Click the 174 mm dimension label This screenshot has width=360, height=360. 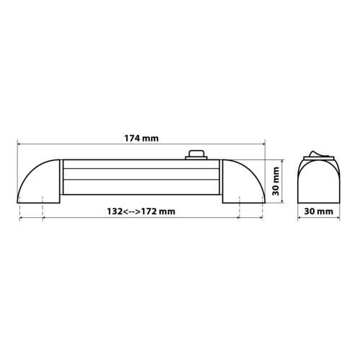(x=141, y=139)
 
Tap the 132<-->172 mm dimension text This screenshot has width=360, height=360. (x=141, y=211)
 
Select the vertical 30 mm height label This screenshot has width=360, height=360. (x=276, y=181)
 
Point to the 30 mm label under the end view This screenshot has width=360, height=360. (x=319, y=211)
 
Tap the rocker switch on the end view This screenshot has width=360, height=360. (x=318, y=154)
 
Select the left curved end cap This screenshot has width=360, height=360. (x=38, y=181)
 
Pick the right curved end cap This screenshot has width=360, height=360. (x=244, y=181)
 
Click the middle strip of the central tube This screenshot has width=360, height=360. (x=141, y=174)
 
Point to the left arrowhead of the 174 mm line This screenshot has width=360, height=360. (x=19, y=144)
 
